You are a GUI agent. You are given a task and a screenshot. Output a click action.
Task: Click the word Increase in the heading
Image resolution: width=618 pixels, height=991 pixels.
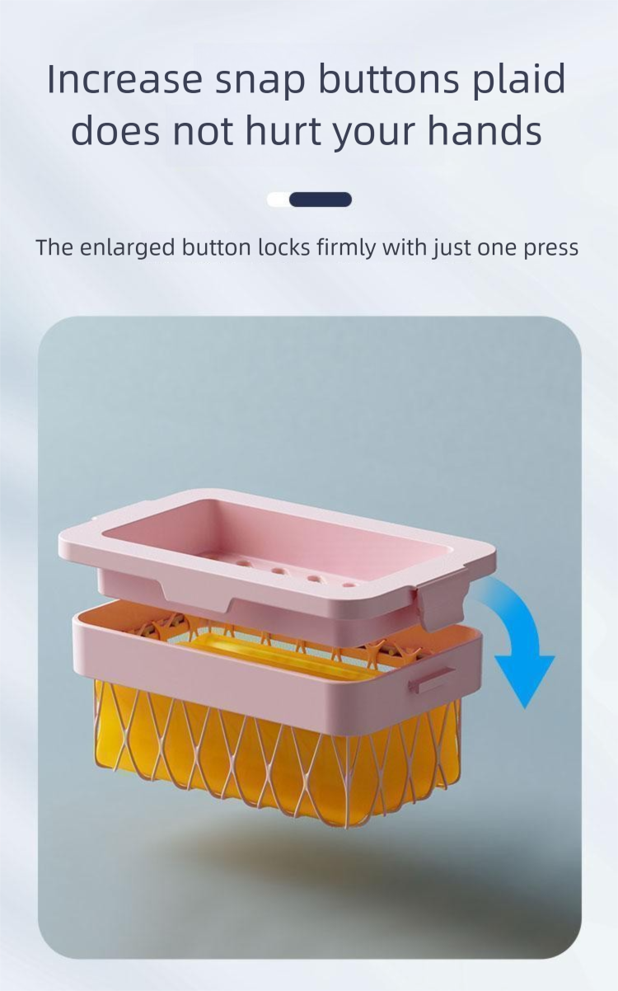coord(124,80)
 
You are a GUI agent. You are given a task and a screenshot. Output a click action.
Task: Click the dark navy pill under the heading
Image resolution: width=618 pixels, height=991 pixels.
coord(321,200)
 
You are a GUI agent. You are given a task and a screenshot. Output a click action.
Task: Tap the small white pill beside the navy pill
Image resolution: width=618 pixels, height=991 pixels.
coord(279,200)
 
